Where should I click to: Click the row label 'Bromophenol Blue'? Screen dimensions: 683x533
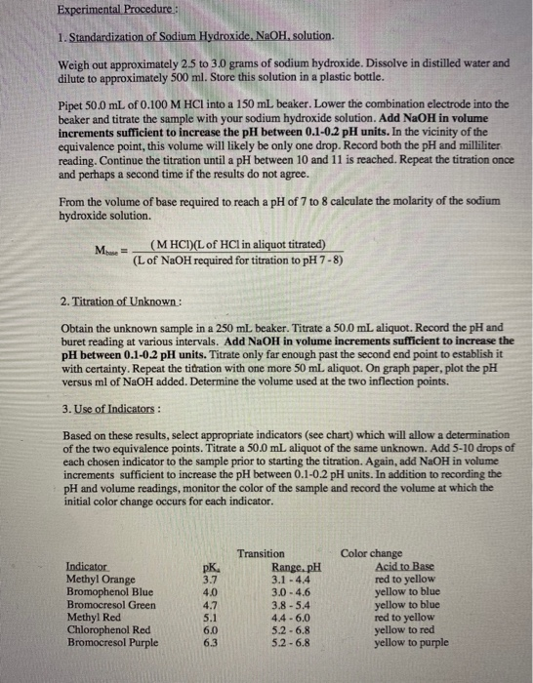[x=107, y=592]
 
